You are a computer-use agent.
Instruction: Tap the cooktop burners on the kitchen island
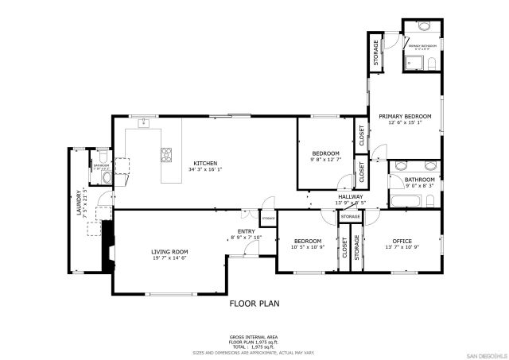[167, 154]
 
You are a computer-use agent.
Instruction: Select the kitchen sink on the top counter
[145, 123]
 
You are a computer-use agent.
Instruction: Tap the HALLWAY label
[350, 196]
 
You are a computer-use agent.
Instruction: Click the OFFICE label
[401, 241]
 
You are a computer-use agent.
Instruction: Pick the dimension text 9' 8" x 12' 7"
[324, 160]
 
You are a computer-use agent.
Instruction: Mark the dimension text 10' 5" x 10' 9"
[307, 247]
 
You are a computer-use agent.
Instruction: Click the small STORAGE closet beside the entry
[268, 218]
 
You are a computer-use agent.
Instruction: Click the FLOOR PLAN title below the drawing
[254, 303]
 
